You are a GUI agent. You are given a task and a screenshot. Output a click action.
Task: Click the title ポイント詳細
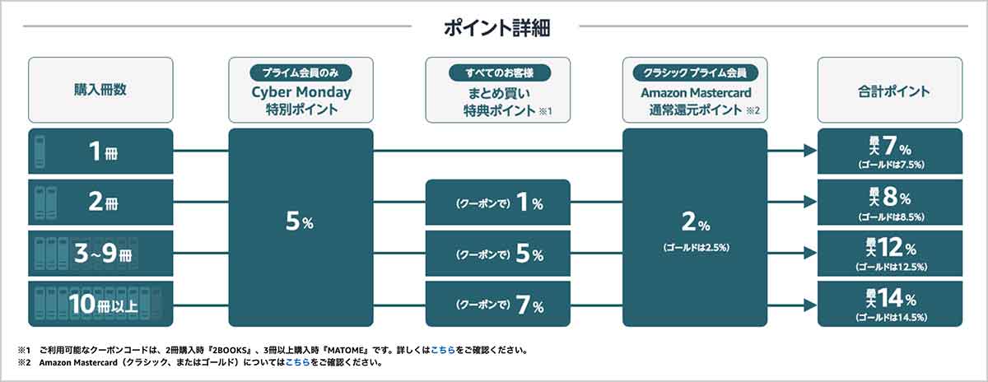click(496, 28)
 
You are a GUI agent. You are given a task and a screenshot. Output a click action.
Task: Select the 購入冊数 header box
click(100, 90)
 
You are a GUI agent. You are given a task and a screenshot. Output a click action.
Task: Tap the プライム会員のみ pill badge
click(301, 72)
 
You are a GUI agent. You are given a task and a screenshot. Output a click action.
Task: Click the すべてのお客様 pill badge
click(500, 72)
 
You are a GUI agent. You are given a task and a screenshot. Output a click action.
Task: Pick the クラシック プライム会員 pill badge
click(695, 72)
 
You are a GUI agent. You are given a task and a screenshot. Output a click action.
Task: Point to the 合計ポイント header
click(893, 91)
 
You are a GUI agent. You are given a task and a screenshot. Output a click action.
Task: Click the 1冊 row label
click(103, 151)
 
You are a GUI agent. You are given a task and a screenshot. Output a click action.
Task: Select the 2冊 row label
click(103, 202)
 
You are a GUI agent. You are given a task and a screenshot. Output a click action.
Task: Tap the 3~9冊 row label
click(103, 253)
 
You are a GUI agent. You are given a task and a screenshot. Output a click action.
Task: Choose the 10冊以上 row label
click(103, 304)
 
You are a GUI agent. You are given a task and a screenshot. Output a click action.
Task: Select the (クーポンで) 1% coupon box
click(498, 203)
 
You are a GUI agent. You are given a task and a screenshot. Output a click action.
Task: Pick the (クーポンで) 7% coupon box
click(498, 305)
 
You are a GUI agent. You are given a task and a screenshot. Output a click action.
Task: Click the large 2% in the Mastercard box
click(696, 222)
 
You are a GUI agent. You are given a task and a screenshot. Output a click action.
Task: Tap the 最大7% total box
click(890, 151)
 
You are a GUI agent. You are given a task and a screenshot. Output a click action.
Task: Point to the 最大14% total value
click(891, 299)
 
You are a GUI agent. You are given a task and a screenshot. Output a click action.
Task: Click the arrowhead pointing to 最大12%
click(810, 254)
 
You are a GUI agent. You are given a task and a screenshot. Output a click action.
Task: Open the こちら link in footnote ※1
click(443, 350)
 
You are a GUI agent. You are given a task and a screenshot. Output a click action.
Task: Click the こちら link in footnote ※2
click(298, 362)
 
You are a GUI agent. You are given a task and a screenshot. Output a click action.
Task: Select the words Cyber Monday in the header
click(301, 92)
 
